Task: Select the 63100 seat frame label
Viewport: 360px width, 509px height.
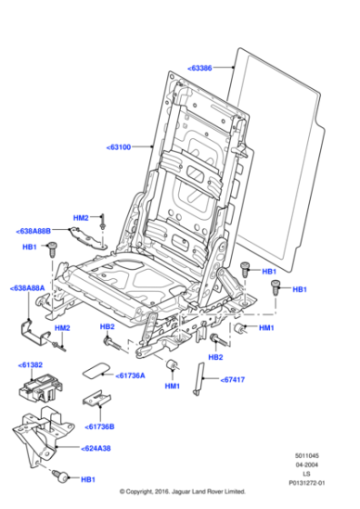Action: tap(118, 146)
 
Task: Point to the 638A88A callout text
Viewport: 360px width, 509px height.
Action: tap(27, 288)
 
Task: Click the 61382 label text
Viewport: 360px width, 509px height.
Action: tap(30, 364)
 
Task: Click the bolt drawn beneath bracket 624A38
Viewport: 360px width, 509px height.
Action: tap(62, 475)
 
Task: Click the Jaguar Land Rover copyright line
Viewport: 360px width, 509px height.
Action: tap(182, 492)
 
